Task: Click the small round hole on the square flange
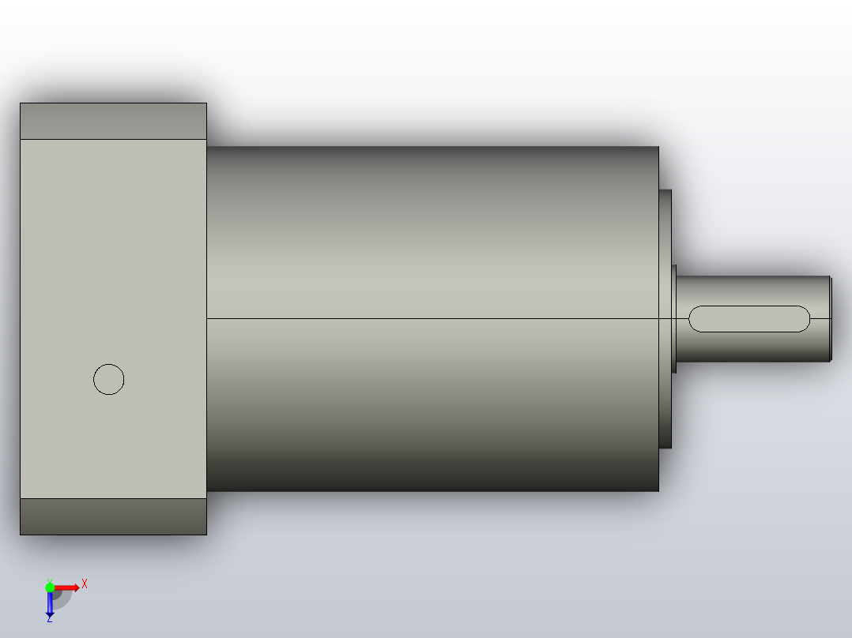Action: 109,380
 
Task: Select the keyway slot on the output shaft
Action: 749,319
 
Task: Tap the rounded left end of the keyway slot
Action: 695,319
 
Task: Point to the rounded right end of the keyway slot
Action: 805,319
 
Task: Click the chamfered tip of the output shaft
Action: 830,319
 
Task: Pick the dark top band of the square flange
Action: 113,121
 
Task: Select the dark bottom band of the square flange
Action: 113,516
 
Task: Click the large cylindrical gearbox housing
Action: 432,237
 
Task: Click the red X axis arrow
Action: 68,587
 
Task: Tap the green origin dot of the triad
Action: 50,587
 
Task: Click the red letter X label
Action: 85,584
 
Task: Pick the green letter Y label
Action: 49,580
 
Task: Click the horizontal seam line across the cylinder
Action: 432,319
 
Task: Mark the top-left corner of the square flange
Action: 21,103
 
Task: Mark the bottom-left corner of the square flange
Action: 21,534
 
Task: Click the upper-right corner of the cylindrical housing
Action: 658,148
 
